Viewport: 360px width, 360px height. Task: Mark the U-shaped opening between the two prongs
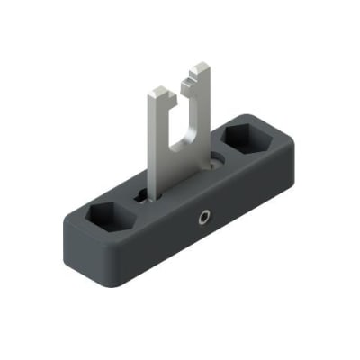(x=184, y=117)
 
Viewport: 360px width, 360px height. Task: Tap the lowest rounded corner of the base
(x=121, y=271)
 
